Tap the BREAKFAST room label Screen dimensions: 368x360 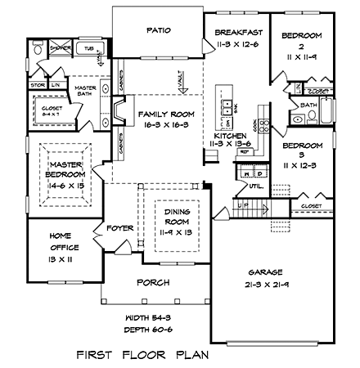point(237,32)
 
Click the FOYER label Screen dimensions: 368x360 point(120,229)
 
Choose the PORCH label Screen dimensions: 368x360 point(154,282)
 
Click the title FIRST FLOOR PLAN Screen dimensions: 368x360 point(142,354)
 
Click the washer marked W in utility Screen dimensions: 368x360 point(245,173)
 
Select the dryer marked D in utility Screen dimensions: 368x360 point(256,173)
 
